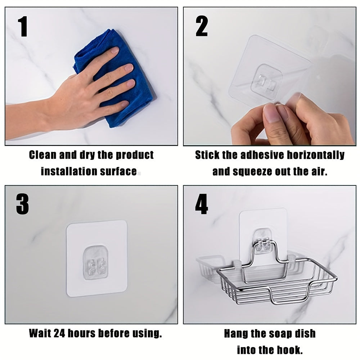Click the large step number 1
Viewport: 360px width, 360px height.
(23, 26)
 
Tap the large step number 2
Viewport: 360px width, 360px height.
(202, 26)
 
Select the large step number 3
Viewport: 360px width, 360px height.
(22, 204)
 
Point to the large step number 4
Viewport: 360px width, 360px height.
(201, 204)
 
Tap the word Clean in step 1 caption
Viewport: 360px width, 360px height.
(43, 155)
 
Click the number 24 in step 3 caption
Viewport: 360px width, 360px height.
(59, 333)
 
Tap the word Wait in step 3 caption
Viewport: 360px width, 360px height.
(40, 333)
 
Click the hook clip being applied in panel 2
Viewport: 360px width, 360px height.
(266, 81)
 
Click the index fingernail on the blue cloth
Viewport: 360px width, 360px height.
(115, 50)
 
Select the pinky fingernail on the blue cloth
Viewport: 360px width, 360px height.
(125, 104)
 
